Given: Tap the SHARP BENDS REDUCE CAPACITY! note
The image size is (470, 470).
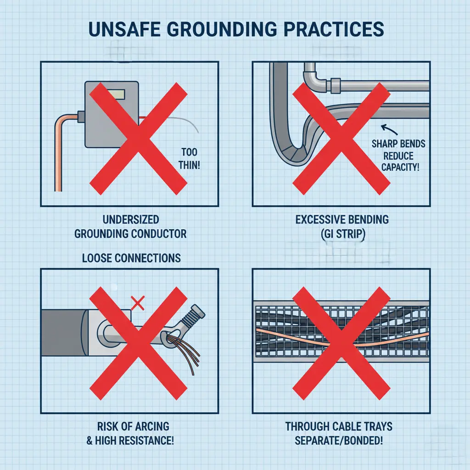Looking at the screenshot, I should click(x=398, y=155).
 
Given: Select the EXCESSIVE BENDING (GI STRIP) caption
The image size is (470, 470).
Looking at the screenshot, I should click(x=342, y=227).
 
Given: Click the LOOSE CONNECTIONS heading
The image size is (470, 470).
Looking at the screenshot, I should click(x=131, y=258).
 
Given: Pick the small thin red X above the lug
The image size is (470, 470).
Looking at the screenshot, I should click(x=138, y=302).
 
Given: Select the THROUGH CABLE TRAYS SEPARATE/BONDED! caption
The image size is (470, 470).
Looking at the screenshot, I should click(x=339, y=433).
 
